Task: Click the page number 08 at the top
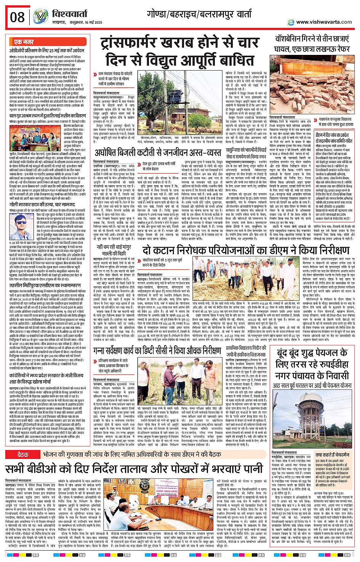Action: tap(17, 17)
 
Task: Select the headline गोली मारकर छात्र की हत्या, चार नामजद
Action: tap(43, 204)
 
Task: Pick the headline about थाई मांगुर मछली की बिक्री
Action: tap(114, 250)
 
